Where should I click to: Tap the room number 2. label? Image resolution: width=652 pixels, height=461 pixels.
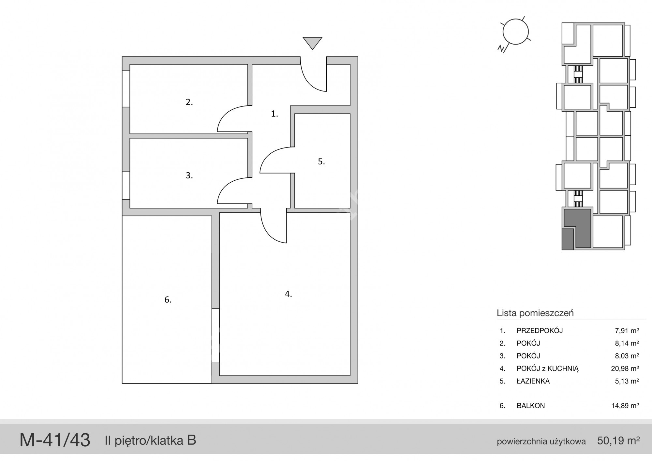189,102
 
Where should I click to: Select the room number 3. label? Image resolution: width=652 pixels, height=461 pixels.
189,175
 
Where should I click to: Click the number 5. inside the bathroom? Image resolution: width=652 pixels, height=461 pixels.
321,161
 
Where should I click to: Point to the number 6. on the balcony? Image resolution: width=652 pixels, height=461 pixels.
168,300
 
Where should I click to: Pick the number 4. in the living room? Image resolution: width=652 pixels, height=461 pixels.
289,294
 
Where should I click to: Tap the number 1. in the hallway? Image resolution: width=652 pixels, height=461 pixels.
274,114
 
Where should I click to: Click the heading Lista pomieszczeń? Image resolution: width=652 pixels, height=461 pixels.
535,313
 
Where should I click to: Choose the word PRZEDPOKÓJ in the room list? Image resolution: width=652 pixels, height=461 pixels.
540,330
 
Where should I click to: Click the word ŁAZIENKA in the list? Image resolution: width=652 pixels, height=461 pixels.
533,381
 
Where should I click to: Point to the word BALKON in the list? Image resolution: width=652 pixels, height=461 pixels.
531,406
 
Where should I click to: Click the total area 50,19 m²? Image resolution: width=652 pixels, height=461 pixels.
618,440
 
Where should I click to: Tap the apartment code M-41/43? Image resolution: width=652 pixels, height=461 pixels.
55,440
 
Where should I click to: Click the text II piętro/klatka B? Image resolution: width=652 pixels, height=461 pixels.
150,440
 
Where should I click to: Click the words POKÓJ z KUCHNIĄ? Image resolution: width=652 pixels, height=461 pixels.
548,368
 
